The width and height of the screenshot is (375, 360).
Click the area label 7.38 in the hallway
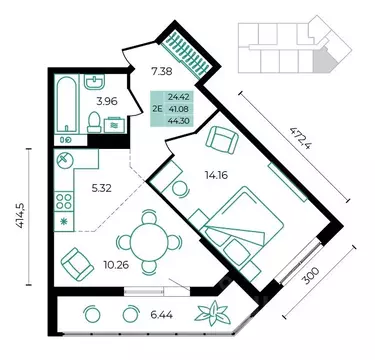tap(161, 70)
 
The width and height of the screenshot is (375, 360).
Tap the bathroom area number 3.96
tap(107, 101)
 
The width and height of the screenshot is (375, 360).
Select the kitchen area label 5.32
tap(102, 189)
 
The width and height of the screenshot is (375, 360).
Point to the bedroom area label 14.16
tap(216, 175)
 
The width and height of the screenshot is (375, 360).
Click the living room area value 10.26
tap(116, 265)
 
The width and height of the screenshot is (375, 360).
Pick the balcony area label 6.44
tap(161, 314)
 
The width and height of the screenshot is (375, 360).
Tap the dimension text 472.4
tap(298, 138)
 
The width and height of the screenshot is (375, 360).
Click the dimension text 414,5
tap(21, 216)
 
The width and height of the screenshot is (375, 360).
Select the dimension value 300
tap(312, 275)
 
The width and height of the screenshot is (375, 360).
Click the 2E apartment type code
tap(157, 108)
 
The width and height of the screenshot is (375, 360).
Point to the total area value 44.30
tap(179, 121)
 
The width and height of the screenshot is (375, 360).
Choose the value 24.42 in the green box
tap(179, 97)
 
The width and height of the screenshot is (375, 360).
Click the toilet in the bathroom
tap(94, 122)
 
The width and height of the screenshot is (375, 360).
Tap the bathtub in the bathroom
tap(67, 105)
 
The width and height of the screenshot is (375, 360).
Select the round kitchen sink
tap(64, 160)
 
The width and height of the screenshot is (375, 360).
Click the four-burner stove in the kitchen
tap(64, 201)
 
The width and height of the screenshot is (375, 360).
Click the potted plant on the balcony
tap(212, 313)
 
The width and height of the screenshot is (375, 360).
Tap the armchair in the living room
tap(77, 264)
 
